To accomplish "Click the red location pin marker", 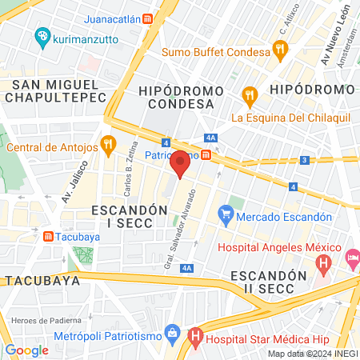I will [181, 164].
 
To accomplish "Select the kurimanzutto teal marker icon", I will [41, 37].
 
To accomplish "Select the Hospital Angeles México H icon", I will [323, 262].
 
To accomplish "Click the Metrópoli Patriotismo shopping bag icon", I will [171, 332].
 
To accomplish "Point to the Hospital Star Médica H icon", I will [194, 338].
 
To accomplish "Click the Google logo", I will [26, 350].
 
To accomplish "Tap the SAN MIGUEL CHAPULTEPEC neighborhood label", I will [54, 90].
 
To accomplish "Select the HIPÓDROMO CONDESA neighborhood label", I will [176, 97].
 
